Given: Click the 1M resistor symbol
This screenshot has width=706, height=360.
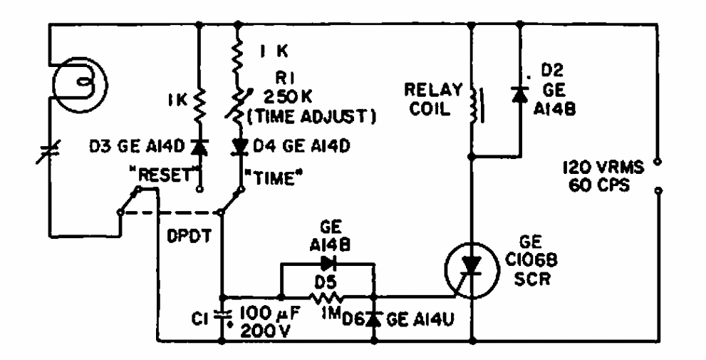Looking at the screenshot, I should [328, 295].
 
